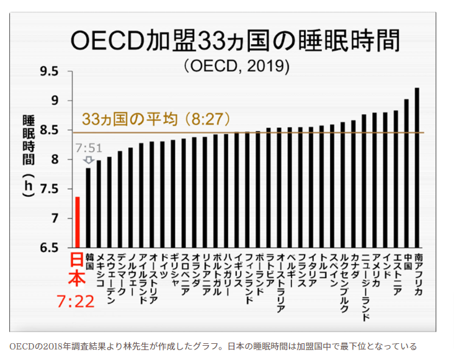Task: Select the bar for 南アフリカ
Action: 417,168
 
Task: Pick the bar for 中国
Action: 406,173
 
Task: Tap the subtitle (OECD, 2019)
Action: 236,65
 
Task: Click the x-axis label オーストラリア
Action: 280,282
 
